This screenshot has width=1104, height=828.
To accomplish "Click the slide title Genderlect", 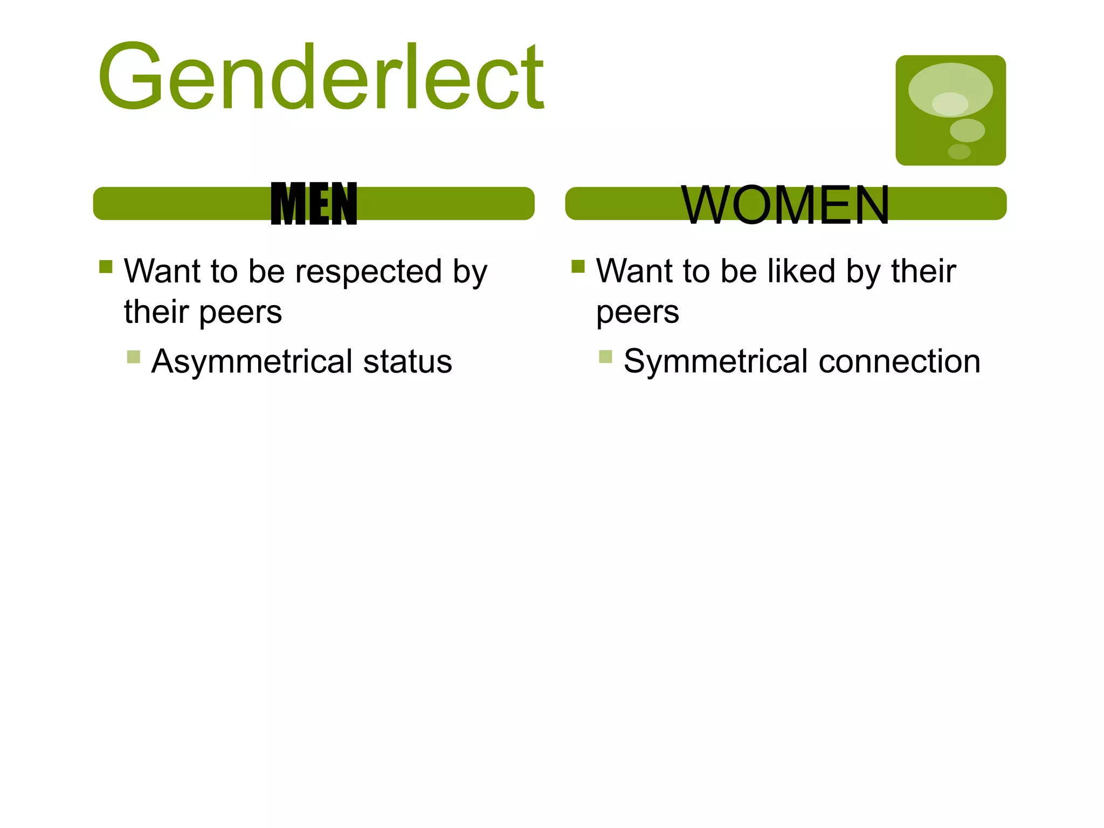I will pyautogui.click(x=320, y=77).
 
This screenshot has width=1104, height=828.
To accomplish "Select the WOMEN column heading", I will pyautogui.click(x=785, y=205).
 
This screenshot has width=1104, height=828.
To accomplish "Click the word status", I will pyautogui.click(x=408, y=361).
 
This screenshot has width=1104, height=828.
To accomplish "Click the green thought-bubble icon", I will pyautogui.click(x=950, y=110).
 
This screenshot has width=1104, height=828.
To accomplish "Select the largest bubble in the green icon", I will pyautogui.click(x=950, y=89).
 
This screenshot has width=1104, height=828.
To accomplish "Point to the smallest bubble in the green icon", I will pyautogui.click(x=959, y=151).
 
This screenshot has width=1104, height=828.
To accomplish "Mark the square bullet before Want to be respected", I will pyautogui.click(x=106, y=267).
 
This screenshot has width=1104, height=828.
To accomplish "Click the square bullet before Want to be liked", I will pyautogui.click(x=578, y=267).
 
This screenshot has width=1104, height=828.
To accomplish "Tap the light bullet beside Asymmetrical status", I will pyautogui.click(x=134, y=357).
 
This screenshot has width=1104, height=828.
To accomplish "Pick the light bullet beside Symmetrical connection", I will pyautogui.click(x=605, y=357).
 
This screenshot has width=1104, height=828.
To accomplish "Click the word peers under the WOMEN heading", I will pyautogui.click(x=637, y=313).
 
